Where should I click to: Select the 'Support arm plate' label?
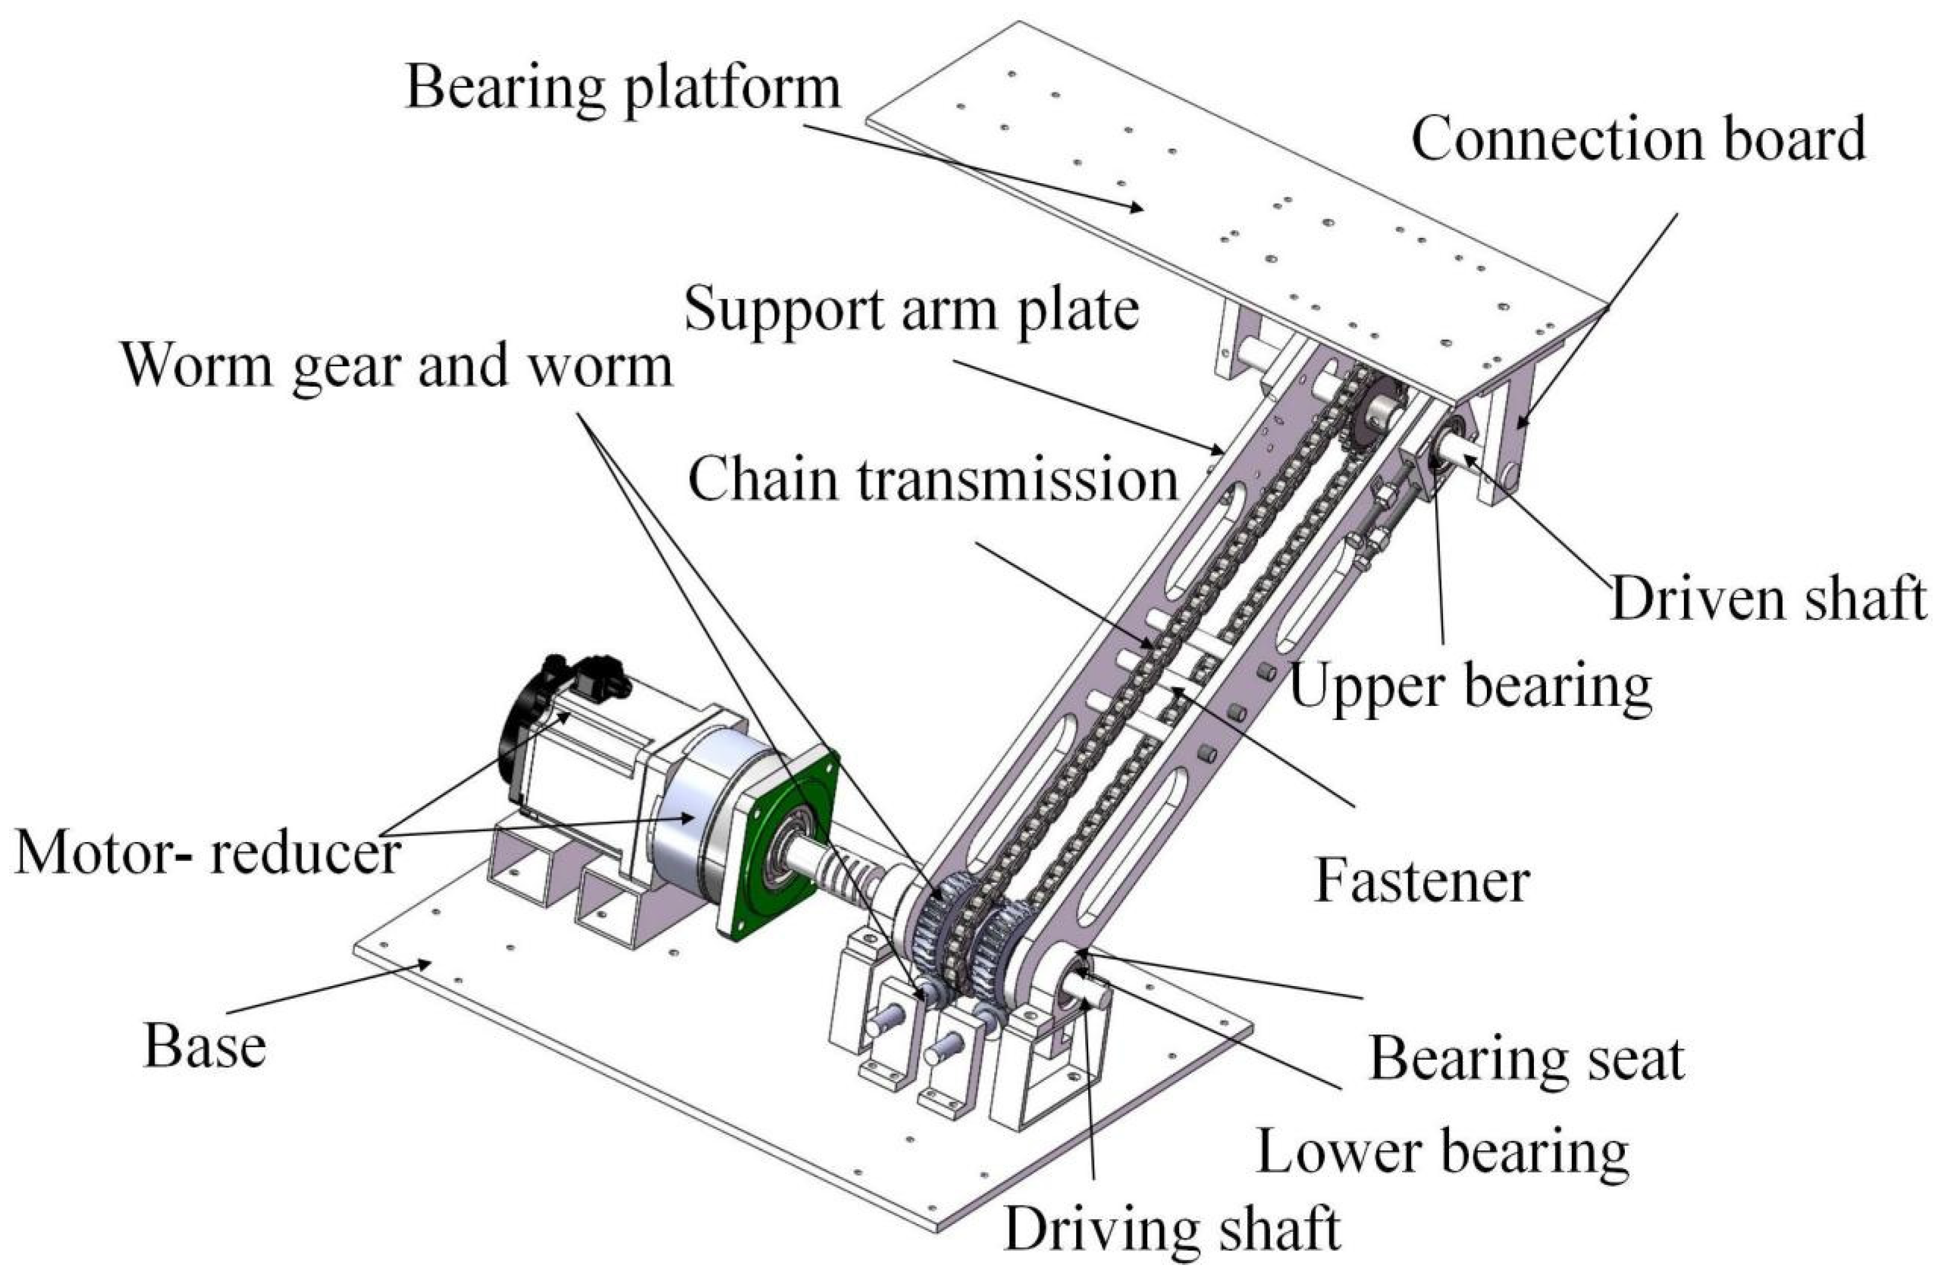point(911,310)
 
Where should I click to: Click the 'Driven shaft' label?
point(1768,598)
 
